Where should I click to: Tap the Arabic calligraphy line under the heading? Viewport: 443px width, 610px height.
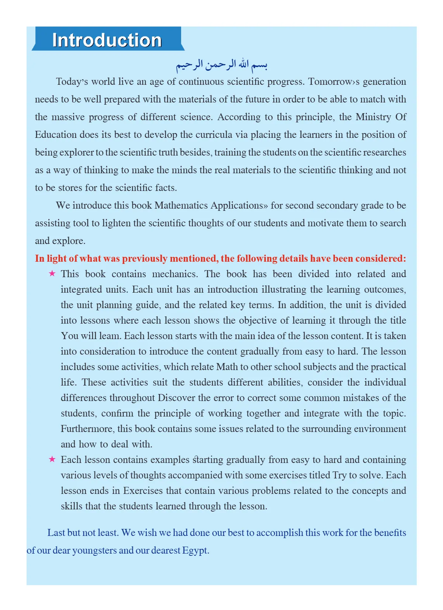pyautogui.click(x=221, y=65)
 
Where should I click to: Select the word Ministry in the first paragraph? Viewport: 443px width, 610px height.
pyautogui.click(x=373, y=117)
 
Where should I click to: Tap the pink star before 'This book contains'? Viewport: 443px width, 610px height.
pyautogui.click(x=52, y=273)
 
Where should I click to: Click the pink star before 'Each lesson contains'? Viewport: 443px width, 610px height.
pyautogui.click(x=52, y=459)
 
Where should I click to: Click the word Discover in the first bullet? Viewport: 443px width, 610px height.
pyautogui.click(x=176, y=398)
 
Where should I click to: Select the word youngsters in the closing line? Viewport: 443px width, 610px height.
pyautogui.click(x=94, y=550)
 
